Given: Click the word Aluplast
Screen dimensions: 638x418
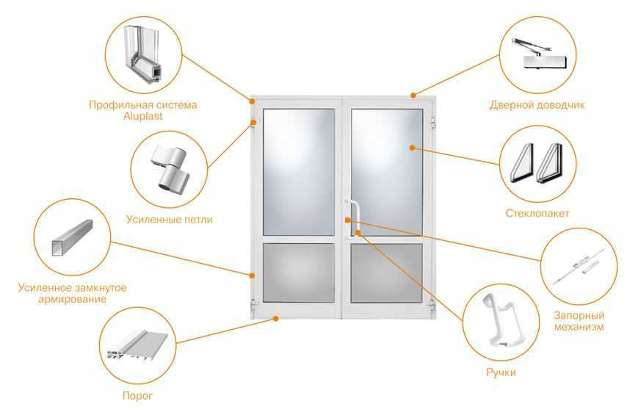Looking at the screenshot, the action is tap(143, 116).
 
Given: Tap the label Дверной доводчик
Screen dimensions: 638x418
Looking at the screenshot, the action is tap(537, 105).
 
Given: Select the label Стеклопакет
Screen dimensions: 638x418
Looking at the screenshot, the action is tap(537, 213).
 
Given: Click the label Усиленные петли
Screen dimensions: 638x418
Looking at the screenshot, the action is tap(170, 220).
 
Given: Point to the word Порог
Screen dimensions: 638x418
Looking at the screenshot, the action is tap(137, 396).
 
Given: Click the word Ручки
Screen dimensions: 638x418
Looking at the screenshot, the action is tap(501, 372).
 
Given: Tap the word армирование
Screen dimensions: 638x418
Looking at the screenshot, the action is tap(72, 300).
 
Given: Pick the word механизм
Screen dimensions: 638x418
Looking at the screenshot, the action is tap(579, 327).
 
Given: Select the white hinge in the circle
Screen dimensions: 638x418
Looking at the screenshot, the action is tap(170, 168).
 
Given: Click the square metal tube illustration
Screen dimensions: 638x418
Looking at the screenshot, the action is tap(73, 237).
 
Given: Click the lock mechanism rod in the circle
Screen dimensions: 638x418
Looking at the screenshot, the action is tap(579, 267).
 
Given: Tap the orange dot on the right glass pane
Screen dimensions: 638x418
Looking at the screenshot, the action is tap(412, 148).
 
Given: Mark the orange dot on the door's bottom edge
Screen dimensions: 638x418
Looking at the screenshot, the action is tap(276, 318).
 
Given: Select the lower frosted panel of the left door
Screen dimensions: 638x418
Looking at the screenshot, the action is tap(299, 273).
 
